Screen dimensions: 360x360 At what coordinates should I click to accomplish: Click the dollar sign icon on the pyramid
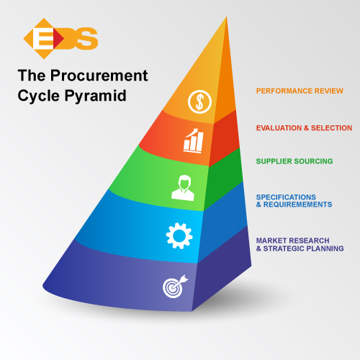[199, 102]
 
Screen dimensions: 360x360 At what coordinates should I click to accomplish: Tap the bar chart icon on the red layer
[194, 140]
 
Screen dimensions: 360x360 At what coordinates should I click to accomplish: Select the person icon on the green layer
[183, 188]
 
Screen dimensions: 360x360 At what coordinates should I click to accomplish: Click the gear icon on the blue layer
[179, 235]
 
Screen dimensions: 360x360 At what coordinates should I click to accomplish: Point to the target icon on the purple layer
[175, 287]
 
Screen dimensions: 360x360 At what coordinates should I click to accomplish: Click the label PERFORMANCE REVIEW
[300, 91]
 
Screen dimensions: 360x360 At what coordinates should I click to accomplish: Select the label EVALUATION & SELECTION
[304, 128]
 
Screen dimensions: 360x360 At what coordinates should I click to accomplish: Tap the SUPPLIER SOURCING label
[294, 161]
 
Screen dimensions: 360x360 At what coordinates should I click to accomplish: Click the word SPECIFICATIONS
[286, 197]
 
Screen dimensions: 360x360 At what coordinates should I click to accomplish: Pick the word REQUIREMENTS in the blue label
[298, 204]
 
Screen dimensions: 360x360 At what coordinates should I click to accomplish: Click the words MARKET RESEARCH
[292, 240]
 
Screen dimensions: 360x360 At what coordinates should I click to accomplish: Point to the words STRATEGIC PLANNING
[303, 248]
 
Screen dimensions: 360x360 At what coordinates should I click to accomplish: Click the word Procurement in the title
[99, 76]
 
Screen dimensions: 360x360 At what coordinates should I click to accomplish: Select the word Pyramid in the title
[95, 96]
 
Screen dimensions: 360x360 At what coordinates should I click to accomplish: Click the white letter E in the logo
[42, 38]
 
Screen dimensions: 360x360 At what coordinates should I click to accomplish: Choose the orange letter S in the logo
[87, 38]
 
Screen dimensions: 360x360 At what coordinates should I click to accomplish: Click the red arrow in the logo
[58, 38]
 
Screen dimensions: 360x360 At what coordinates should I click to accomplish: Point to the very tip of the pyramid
[226, 17]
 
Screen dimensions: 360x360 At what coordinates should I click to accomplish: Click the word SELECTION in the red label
[331, 128]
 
